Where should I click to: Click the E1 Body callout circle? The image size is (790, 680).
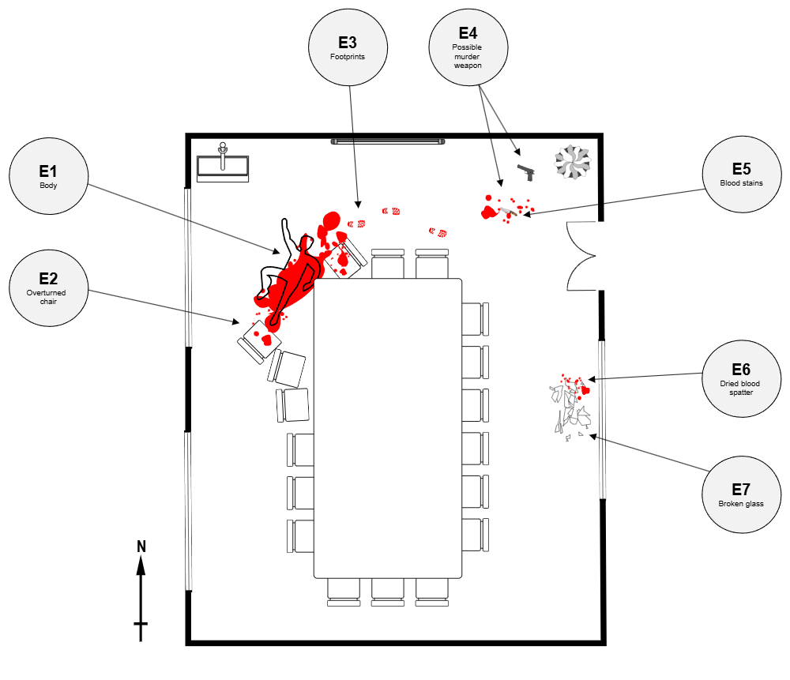(x=48, y=176)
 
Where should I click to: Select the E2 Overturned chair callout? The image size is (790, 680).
(x=48, y=287)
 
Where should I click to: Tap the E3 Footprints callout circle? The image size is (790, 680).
(x=348, y=47)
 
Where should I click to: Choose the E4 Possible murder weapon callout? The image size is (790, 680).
(x=468, y=47)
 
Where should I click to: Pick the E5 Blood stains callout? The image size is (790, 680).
(x=741, y=175)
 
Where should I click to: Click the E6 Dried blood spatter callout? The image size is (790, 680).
(x=741, y=378)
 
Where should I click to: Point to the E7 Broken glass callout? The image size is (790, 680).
(x=741, y=494)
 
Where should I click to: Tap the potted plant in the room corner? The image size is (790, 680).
(x=572, y=161)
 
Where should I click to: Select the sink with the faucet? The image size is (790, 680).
(x=223, y=165)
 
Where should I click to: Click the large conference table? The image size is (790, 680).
(x=387, y=427)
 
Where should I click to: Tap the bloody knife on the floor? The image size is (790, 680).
(x=507, y=212)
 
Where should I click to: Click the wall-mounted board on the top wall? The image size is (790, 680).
(x=388, y=141)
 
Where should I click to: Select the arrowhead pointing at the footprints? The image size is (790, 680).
(x=358, y=205)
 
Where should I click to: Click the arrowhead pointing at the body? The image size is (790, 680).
(x=276, y=253)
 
